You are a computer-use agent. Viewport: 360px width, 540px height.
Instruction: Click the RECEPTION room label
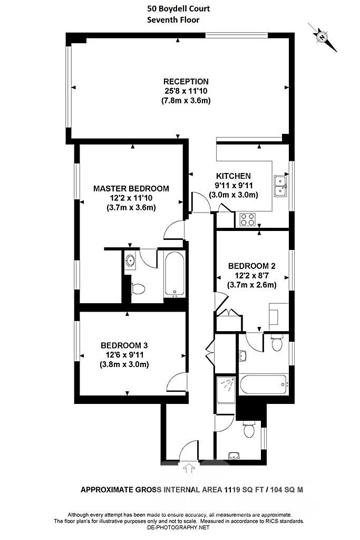coord(186,81)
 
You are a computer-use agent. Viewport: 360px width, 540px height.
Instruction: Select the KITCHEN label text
coord(233,176)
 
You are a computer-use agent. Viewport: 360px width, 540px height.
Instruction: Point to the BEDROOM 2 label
coord(251,266)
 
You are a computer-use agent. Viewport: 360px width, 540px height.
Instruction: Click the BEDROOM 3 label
coord(124,345)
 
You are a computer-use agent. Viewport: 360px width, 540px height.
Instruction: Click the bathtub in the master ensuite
coord(174,274)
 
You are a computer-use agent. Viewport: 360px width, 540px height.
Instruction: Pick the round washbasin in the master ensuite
coord(131,260)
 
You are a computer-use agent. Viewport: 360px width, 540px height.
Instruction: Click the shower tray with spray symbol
coord(226,388)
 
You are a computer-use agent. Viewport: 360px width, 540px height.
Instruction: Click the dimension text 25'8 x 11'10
coord(186,91)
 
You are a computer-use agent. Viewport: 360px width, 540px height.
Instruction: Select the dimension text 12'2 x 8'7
coord(251,276)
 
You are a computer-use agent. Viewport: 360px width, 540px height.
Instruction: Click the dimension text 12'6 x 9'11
coord(124,355)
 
